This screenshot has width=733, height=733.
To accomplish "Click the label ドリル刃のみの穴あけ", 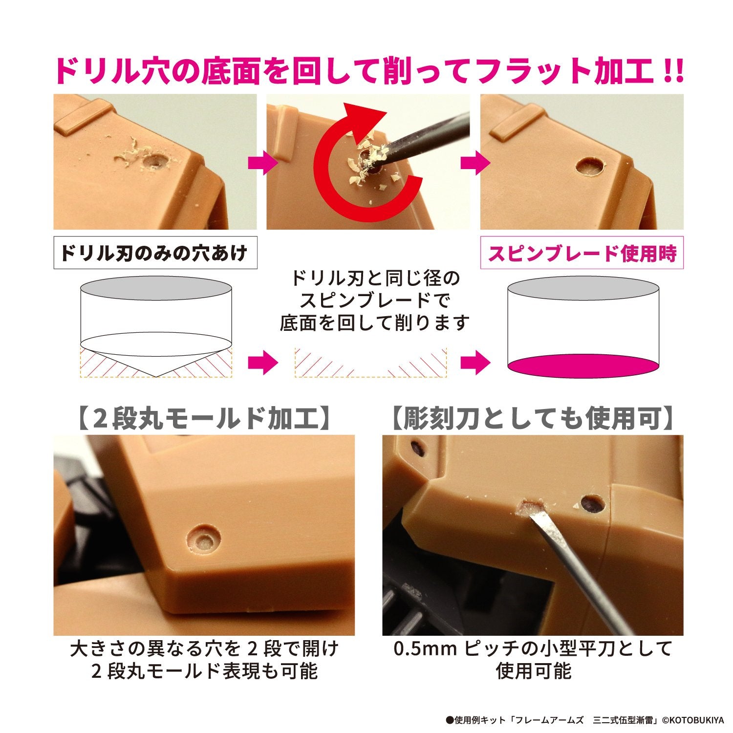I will [x=155, y=253].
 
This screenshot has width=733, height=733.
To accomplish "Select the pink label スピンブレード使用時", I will [x=582, y=253].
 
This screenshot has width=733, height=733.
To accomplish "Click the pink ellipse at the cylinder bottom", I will [x=583, y=366].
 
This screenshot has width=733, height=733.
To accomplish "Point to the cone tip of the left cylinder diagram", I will [x=155, y=376].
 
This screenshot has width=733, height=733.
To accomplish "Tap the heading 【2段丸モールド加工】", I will [x=204, y=419].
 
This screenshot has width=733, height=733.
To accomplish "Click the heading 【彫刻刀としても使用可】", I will [x=533, y=419].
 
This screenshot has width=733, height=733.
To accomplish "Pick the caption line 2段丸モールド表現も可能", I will [x=204, y=671].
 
